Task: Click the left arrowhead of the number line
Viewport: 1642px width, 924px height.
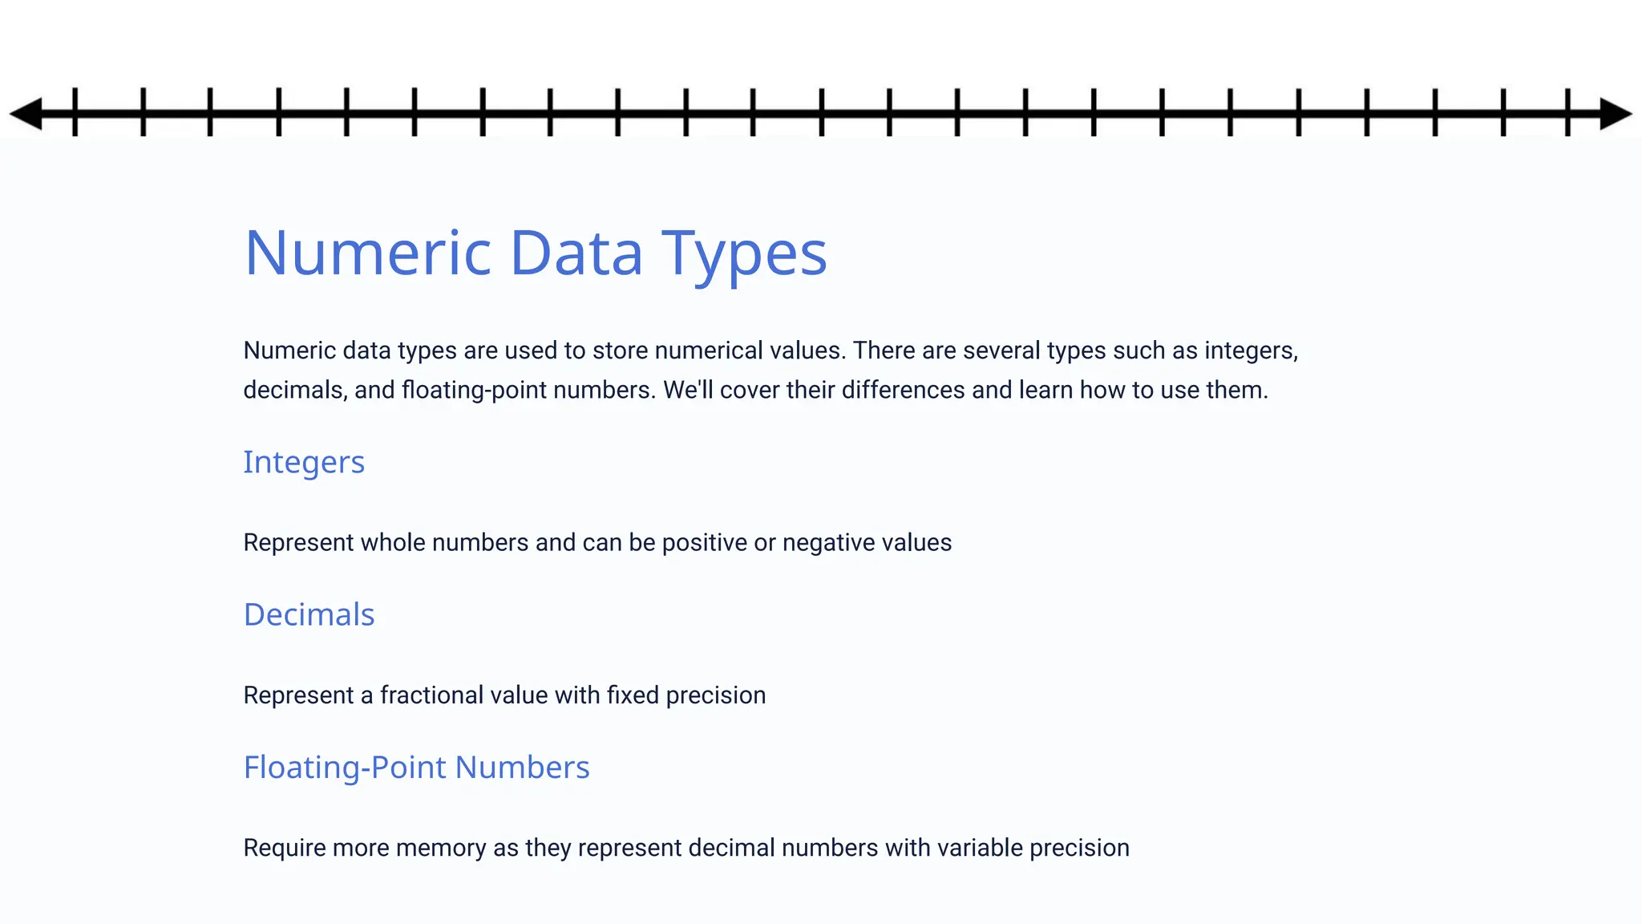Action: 26,113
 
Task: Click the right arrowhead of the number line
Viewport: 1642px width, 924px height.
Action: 1615,113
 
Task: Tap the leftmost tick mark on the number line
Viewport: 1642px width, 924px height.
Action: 75,112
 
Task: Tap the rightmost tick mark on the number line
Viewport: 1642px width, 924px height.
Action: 1567,112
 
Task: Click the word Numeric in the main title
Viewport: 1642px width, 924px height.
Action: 367,253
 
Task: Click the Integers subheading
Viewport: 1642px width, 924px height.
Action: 304,463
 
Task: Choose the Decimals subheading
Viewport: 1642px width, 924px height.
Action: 309,615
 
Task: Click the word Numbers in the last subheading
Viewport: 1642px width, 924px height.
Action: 522,768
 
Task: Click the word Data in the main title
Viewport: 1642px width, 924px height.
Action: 576,253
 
